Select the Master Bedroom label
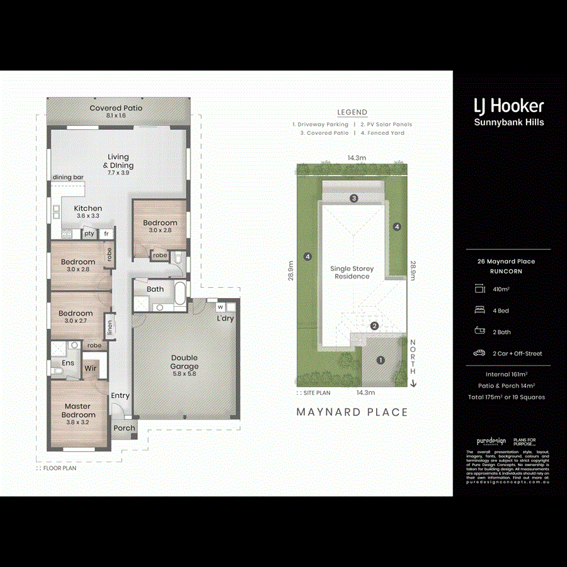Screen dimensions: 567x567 (79, 411)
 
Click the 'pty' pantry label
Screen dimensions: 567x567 (89, 234)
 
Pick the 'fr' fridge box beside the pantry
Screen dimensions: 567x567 (106, 234)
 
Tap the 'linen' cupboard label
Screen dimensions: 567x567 (110, 327)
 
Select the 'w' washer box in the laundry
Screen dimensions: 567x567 (220, 307)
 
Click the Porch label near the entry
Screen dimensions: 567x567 (124, 428)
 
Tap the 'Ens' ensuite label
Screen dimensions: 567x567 (67, 363)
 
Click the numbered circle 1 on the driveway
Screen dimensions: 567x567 (380, 360)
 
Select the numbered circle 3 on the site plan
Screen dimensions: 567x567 (354, 198)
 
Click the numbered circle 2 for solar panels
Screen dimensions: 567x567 (374, 326)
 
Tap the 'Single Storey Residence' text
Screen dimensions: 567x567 (353, 272)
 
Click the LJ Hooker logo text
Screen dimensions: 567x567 (508, 106)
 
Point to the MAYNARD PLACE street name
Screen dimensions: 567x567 (352, 412)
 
